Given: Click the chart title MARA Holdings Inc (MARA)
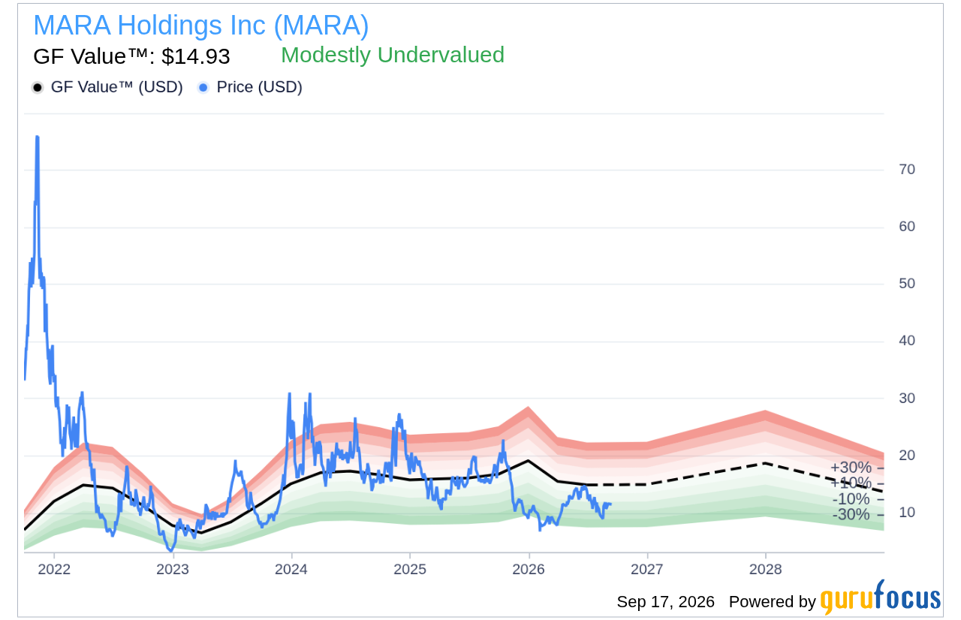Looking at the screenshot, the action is [x=200, y=26].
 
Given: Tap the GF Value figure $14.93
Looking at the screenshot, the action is [x=196, y=56].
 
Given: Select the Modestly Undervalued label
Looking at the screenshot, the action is [x=393, y=55].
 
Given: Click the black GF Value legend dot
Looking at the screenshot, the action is [x=38, y=88].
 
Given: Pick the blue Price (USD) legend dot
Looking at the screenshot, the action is [x=203, y=88].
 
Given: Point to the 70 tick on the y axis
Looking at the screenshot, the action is [x=907, y=170].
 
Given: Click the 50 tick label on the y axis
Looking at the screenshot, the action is [x=907, y=284].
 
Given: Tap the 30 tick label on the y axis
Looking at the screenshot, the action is [x=907, y=398].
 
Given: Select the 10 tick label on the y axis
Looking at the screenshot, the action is [x=907, y=512].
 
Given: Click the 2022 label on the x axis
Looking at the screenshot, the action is [x=54, y=569].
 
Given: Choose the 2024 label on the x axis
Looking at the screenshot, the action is [x=291, y=569].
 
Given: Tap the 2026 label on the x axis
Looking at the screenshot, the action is [x=529, y=569].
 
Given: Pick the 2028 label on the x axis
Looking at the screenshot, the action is [x=766, y=569].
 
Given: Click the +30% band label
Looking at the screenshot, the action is [x=851, y=468].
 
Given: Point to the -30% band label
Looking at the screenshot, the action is [x=851, y=514].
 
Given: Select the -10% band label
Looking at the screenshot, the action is [x=851, y=498].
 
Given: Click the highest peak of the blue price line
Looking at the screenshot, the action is [x=38, y=137].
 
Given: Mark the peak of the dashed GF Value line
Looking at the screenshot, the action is [x=765, y=463].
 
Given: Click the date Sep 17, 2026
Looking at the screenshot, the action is [x=665, y=601].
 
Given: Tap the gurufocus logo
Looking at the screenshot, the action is [x=881, y=597].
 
